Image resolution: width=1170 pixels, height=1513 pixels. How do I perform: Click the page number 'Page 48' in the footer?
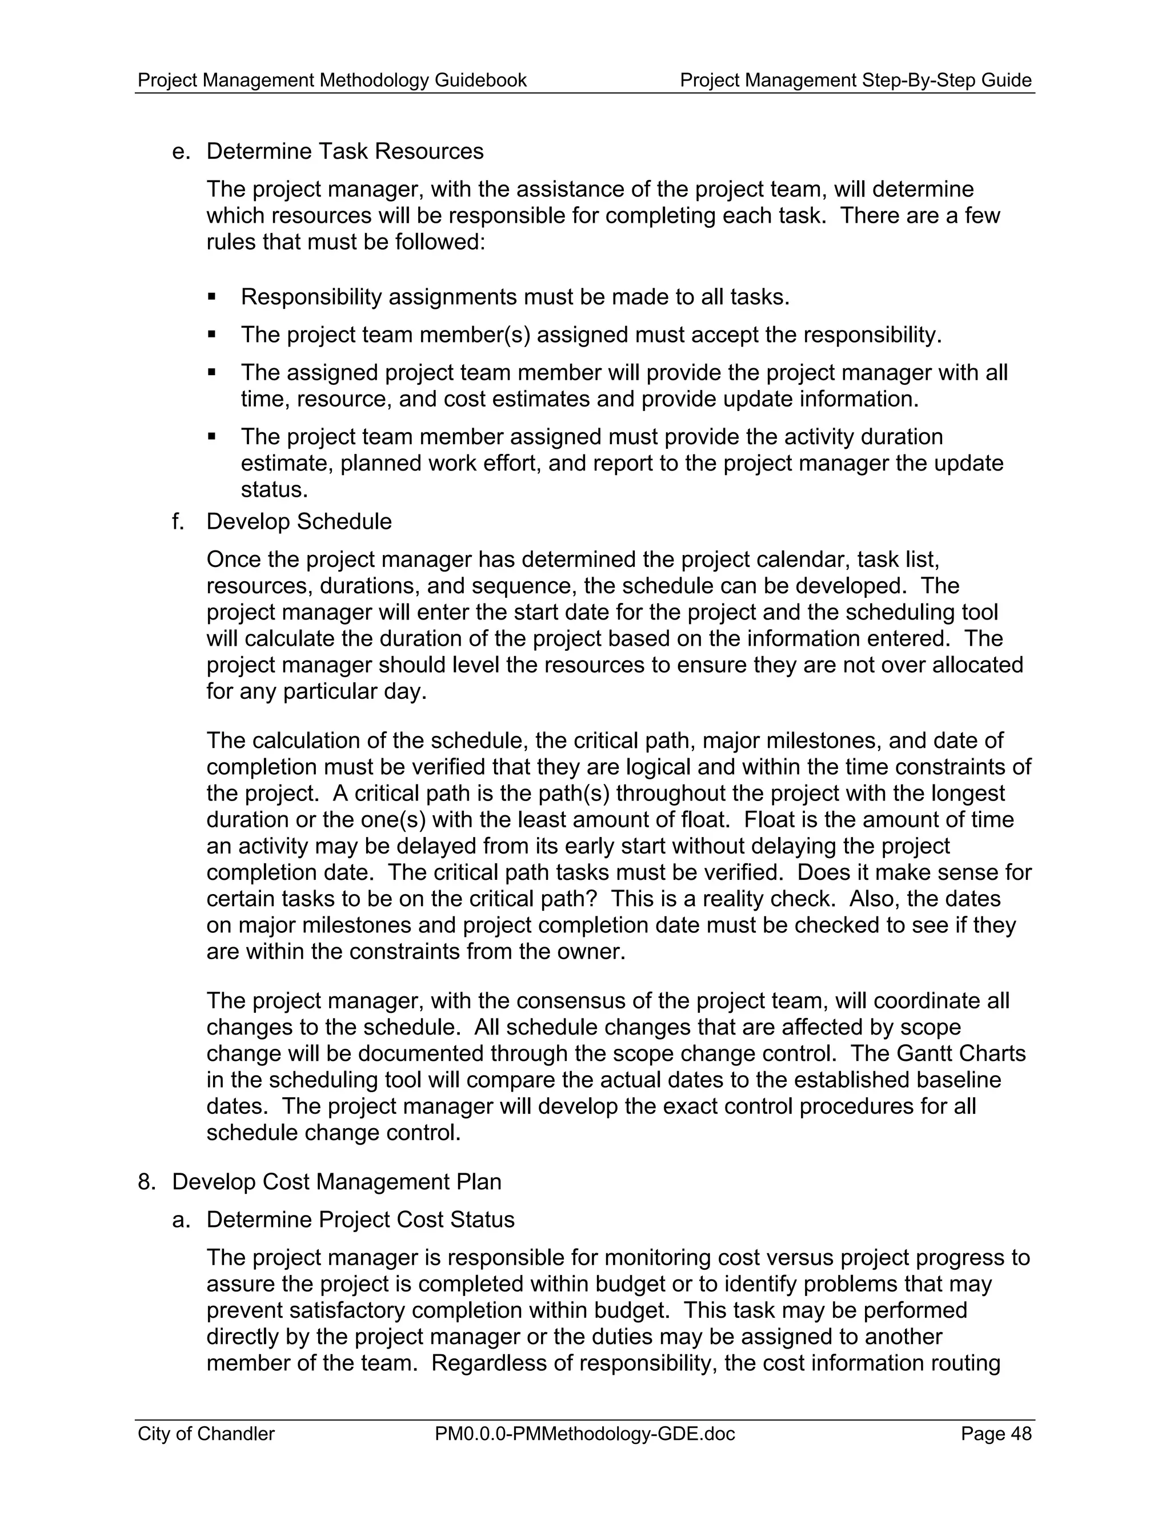(x=996, y=1433)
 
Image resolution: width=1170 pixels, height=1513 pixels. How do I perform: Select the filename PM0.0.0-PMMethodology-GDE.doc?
(x=584, y=1433)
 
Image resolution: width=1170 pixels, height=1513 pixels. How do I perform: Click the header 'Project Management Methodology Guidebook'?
(x=332, y=81)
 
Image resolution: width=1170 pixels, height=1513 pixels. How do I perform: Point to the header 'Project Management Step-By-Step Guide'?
(x=855, y=81)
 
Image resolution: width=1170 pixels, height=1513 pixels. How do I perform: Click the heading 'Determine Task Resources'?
(x=344, y=151)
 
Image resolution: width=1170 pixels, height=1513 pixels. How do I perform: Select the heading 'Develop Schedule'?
(x=299, y=522)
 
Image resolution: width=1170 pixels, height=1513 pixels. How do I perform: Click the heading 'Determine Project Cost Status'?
(x=360, y=1220)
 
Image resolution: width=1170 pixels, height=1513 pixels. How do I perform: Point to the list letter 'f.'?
(x=178, y=522)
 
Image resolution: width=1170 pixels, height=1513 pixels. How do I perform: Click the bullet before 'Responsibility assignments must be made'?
(x=212, y=297)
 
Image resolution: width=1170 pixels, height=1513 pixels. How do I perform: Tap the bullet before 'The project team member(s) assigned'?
(x=212, y=335)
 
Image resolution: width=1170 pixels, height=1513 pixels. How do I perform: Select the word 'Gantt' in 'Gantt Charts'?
(x=927, y=1054)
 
